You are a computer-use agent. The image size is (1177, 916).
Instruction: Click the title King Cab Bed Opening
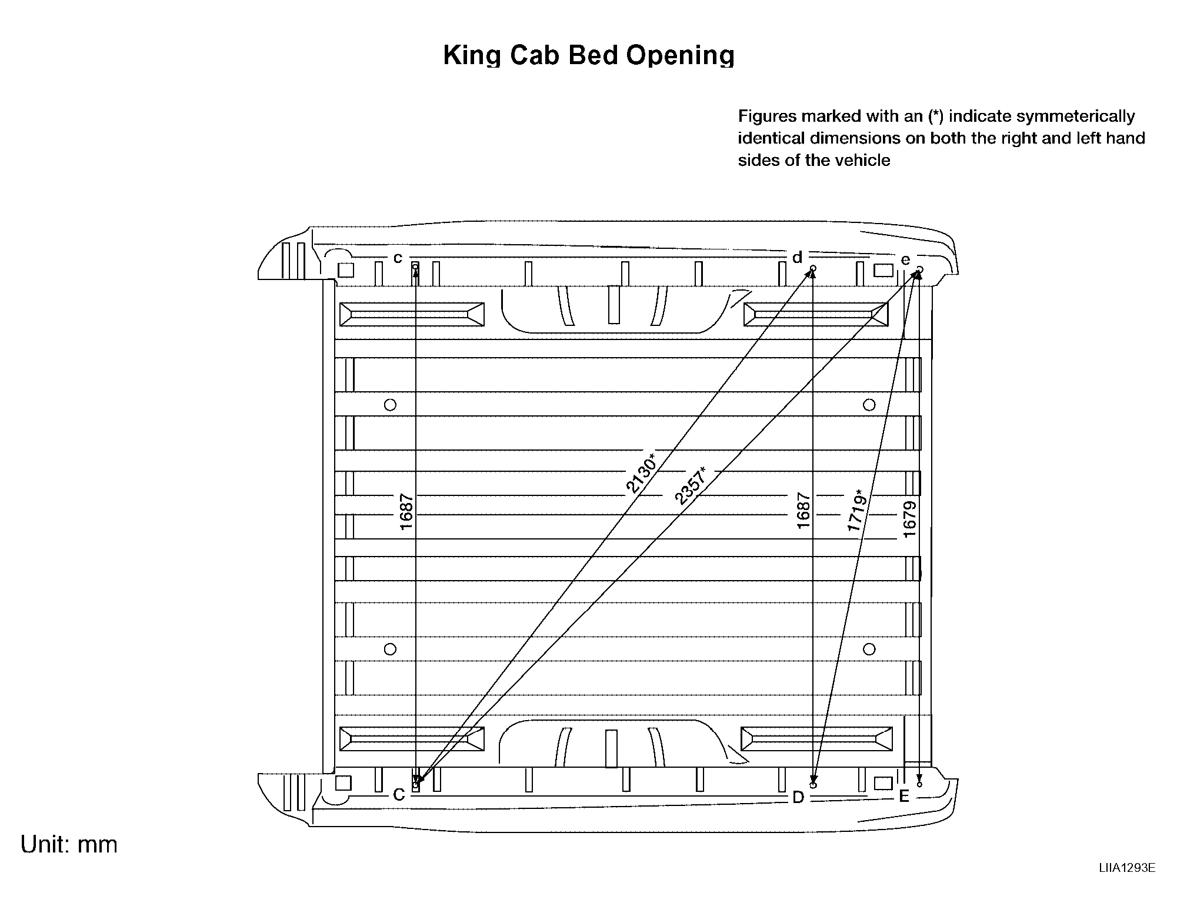point(589,55)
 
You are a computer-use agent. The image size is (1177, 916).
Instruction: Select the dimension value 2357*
point(691,486)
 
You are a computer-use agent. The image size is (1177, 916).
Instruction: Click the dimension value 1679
point(910,519)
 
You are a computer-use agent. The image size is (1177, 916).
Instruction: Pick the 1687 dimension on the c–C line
point(406,512)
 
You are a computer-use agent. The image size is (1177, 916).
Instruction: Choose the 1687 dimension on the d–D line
point(803,511)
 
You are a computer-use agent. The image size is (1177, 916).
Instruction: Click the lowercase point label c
point(398,258)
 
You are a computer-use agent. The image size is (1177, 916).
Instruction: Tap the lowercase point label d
point(797,257)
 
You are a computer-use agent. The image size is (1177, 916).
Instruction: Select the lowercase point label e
point(905,259)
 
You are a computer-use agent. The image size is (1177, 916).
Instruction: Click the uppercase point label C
point(399,795)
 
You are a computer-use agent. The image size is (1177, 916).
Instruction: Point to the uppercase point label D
point(798,797)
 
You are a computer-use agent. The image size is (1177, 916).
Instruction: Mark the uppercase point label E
point(905,797)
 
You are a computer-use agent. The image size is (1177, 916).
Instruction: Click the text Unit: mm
point(69,844)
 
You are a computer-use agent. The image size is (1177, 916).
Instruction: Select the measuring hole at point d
point(813,269)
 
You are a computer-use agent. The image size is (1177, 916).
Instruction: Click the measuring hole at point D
point(813,785)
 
